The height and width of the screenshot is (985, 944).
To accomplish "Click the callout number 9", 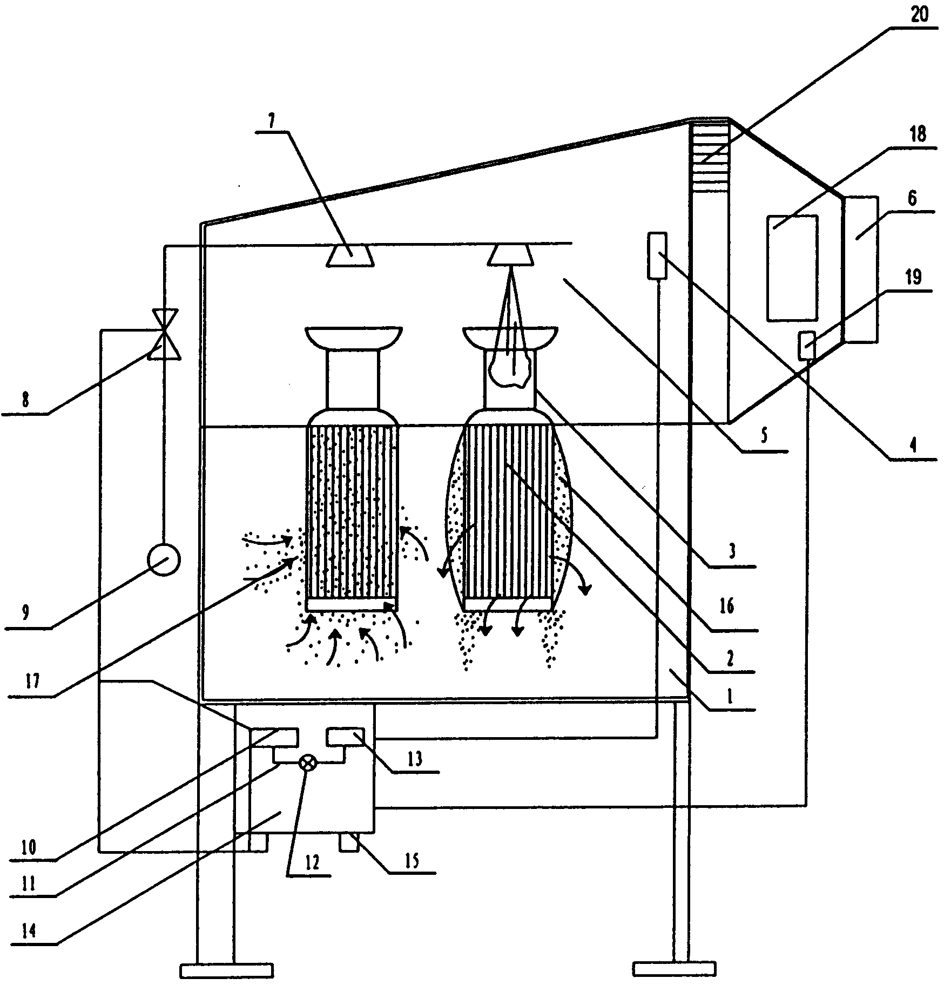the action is pos(25,612).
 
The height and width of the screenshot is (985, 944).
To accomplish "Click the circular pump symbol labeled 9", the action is pos(164,560).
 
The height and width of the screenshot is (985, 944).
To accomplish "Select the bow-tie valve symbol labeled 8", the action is pos(164,334).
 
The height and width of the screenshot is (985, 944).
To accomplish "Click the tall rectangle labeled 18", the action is pos(792,267).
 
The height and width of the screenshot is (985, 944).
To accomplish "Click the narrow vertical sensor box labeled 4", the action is pos(657,255).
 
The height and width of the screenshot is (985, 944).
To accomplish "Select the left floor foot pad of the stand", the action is pos(226,970).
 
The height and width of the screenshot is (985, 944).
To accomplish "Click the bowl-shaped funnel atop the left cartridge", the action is pos(353,338).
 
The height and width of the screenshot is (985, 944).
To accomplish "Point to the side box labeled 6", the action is pos(860,269).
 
